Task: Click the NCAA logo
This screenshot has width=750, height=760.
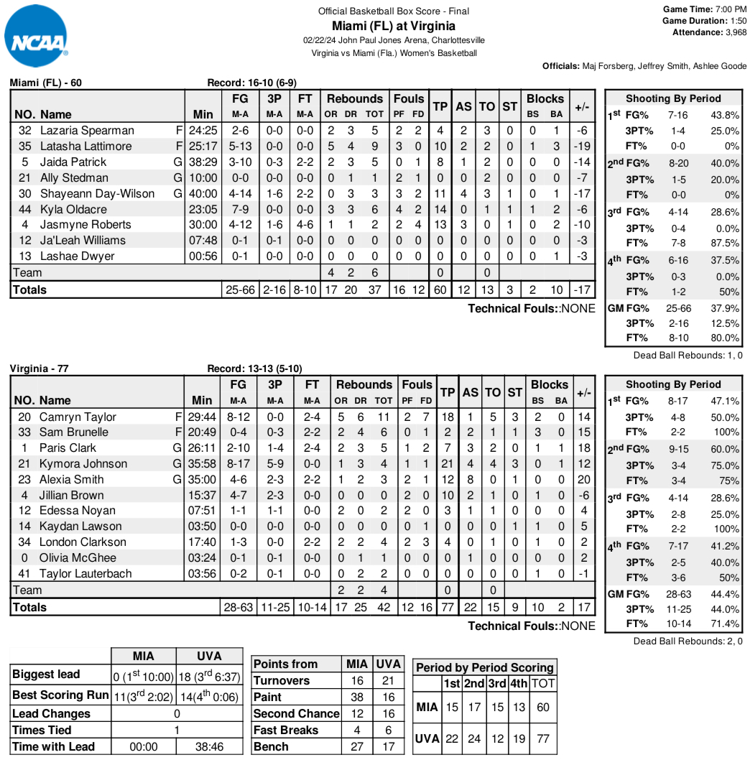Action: [36, 34]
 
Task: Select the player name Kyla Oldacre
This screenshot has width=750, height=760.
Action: [73, 209]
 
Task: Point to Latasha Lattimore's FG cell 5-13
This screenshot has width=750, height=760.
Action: [240, 147]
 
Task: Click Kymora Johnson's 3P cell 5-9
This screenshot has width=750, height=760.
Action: [274, 464]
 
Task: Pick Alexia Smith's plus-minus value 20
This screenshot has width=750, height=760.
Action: [583, 480]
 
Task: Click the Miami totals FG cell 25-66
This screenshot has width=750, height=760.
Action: [240, 290]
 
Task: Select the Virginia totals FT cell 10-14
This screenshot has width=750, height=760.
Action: [312, 608]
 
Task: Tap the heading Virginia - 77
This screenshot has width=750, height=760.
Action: [40, 369]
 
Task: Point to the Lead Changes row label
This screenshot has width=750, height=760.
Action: [52, 714]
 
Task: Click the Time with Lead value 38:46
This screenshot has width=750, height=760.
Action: [209, 747]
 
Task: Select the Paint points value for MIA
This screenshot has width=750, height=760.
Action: [357, 698]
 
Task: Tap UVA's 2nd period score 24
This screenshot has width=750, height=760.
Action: [473, 738]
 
